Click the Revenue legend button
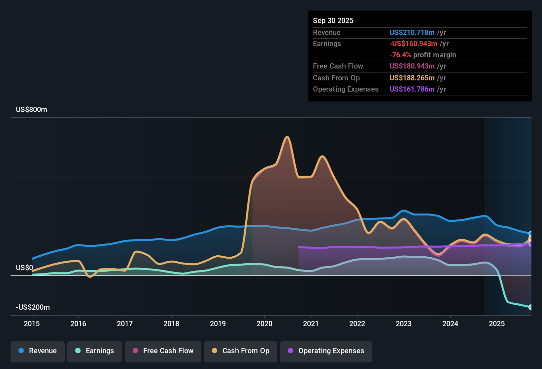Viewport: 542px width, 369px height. pyautogui.click(x=38, y=351)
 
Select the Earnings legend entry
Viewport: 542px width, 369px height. pyautogui.click(x=95, y=351)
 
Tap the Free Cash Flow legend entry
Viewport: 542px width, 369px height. pyautogui.click(x=163, y=351)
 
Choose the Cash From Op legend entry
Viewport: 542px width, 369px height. pyautogui.click(x=241, y=351)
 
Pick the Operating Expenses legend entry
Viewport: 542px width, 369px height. pyautogui.click(x=326, y=351)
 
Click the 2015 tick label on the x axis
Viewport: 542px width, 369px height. pyautogui.click(x=32, y=324)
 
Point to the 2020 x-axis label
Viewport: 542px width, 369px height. pyautogui.click(x=264, y=324)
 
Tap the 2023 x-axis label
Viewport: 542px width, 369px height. pyautogui.click(x=404, y=324)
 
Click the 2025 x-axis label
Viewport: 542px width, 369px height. pyautogui.click(x=497, y=324)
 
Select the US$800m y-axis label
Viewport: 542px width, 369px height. pyautogui.click(x=32, y=110)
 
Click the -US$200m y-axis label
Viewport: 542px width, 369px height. pyautogui.click(x=33, y=307)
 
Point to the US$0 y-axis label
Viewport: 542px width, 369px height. pyautogui.click(x=24, y=268)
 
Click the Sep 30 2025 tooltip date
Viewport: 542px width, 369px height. pyautogui.click(x=333, y=21)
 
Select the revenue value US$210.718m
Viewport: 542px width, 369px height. pyautogui.click(x=412, y=33)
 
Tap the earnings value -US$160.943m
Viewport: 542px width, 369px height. pyautogui.click(x=413, y=44)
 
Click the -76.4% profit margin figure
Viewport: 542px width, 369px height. pyautogui.click(x=400, y=55)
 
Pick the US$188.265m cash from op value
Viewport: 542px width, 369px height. pyautogui.click(x=412, y=78)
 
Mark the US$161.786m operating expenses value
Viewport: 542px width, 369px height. pyautogui.click(x=412, y=89)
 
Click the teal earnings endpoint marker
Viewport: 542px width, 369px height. pyautogui.click(x=530, y=307)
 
